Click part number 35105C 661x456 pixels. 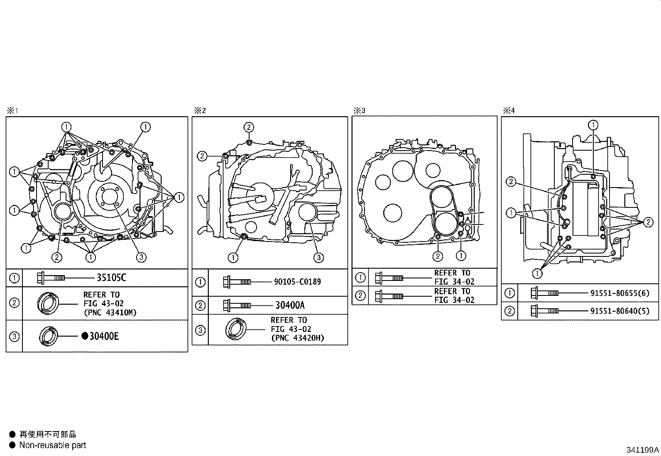coord(112,278)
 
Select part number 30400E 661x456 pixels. coord(104,336)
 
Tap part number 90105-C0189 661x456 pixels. coord(297,282)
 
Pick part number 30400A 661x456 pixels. coord(290,305)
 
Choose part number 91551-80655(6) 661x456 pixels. coord(620,293)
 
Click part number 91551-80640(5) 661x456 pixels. coord(620,311)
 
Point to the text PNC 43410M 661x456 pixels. coord(110,313)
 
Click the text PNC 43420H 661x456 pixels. coord(298,338)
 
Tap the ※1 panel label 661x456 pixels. coord(13,111)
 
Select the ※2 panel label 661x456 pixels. coord(200,111)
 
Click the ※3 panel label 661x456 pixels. coord(360,111)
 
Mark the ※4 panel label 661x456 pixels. coord(509,111)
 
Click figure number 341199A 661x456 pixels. coord(642,450)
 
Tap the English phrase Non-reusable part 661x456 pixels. coord(53,445)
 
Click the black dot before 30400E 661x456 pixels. coord(85,336)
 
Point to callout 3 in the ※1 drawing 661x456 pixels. coord(141,258)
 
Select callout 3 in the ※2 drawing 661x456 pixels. coord(318,258)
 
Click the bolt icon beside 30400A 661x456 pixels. coord(237,305)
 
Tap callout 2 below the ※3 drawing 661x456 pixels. coord(438,256)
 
